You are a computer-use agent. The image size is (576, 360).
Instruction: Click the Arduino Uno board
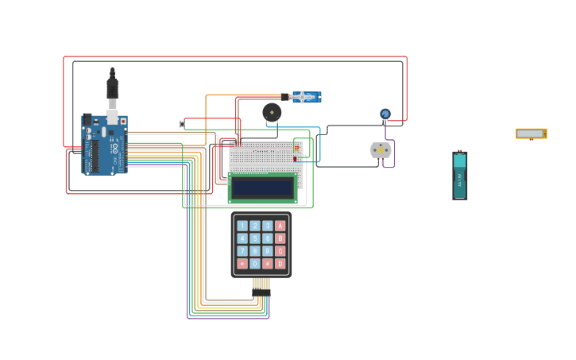[x=104, y=145]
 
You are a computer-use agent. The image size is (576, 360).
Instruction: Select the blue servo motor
[x=305, y=97]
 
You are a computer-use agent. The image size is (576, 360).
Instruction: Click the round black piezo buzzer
[x=272, y=112]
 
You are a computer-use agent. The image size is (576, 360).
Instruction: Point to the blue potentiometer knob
[x=385, y=114]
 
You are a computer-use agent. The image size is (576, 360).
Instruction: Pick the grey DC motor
[x=381, y=150]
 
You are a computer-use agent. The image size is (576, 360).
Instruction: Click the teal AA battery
[x=460, y=175]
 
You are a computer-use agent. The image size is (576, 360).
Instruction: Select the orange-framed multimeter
[x=531, y=134]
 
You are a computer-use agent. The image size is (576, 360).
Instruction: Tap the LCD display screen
[x=262, y=188]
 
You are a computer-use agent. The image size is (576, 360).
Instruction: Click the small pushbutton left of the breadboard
[x=182, y=124]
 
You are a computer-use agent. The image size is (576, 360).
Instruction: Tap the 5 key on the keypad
[x=255, y=238]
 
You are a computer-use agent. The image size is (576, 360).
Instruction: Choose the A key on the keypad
[x=280, y=226]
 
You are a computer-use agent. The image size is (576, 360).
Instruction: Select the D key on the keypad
[x=280, y=264]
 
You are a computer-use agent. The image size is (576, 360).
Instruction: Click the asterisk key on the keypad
[x=242, y=264]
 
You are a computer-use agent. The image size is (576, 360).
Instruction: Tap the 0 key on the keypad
[x=255, y=264]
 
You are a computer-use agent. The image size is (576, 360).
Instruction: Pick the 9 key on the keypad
[x=268, y=251]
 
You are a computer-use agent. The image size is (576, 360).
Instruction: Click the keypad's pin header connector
[x=261, y=285]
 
